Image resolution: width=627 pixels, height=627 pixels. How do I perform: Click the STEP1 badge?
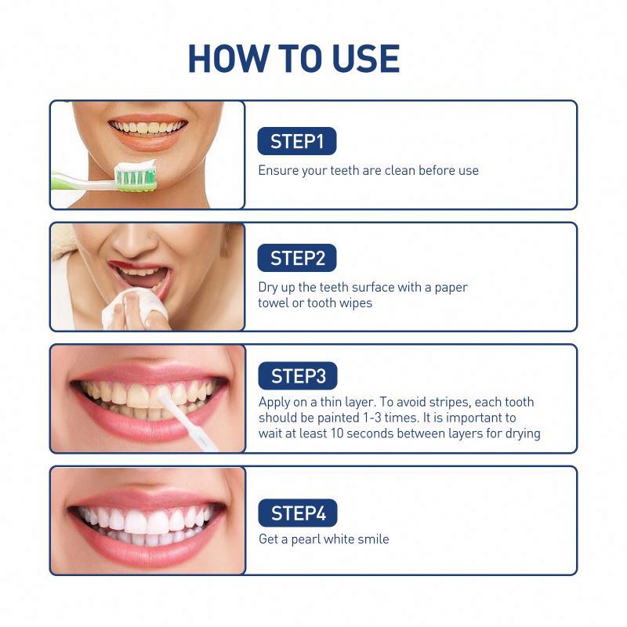(296, 142)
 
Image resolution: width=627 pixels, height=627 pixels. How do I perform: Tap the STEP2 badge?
(296, 258)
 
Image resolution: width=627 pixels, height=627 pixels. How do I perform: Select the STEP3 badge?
(298, 376)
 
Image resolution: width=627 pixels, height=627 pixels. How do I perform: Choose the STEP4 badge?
(298, 513)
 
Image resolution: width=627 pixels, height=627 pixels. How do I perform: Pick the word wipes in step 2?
(353, 303)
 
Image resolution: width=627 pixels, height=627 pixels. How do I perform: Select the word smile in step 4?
(372, 539)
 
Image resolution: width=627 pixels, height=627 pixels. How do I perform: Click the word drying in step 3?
(521, 433)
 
